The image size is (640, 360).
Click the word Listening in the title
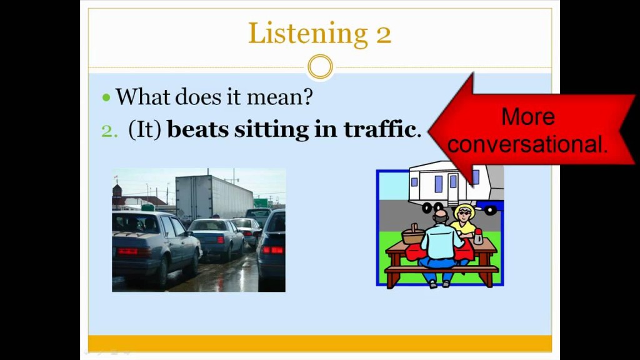[x=307, y=34]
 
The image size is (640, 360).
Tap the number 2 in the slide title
[x=383, y=34]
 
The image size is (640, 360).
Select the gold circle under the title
[x=320, y=67]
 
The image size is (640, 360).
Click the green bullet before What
[x=106, y=97]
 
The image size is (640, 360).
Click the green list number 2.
[x=109, y=131]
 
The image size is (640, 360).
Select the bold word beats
[x=198, y=129]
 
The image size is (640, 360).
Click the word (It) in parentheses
[x=145, y=130]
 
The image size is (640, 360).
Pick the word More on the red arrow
[x=528, y=117]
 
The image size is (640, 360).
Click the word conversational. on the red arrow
[x=527, y=144]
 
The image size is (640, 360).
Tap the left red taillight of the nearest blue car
[x=127, y=251]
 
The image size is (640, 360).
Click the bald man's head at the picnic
[x=441, y=216]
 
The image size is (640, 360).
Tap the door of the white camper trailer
[x=452, y=187]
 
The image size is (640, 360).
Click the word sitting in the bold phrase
[x=271, y=130]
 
